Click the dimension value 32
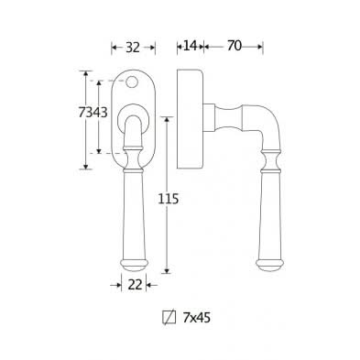coord(133,47)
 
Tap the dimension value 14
coord(190,46)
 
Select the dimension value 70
coord(235,46)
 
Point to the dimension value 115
coord(168,199)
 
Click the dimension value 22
coord(135,285)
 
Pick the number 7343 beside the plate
coord(93,113)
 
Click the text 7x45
coord(197,318)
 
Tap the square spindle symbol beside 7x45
coord(169,318)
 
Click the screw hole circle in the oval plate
coord(131,82)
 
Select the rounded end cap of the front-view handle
coord(134,265)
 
